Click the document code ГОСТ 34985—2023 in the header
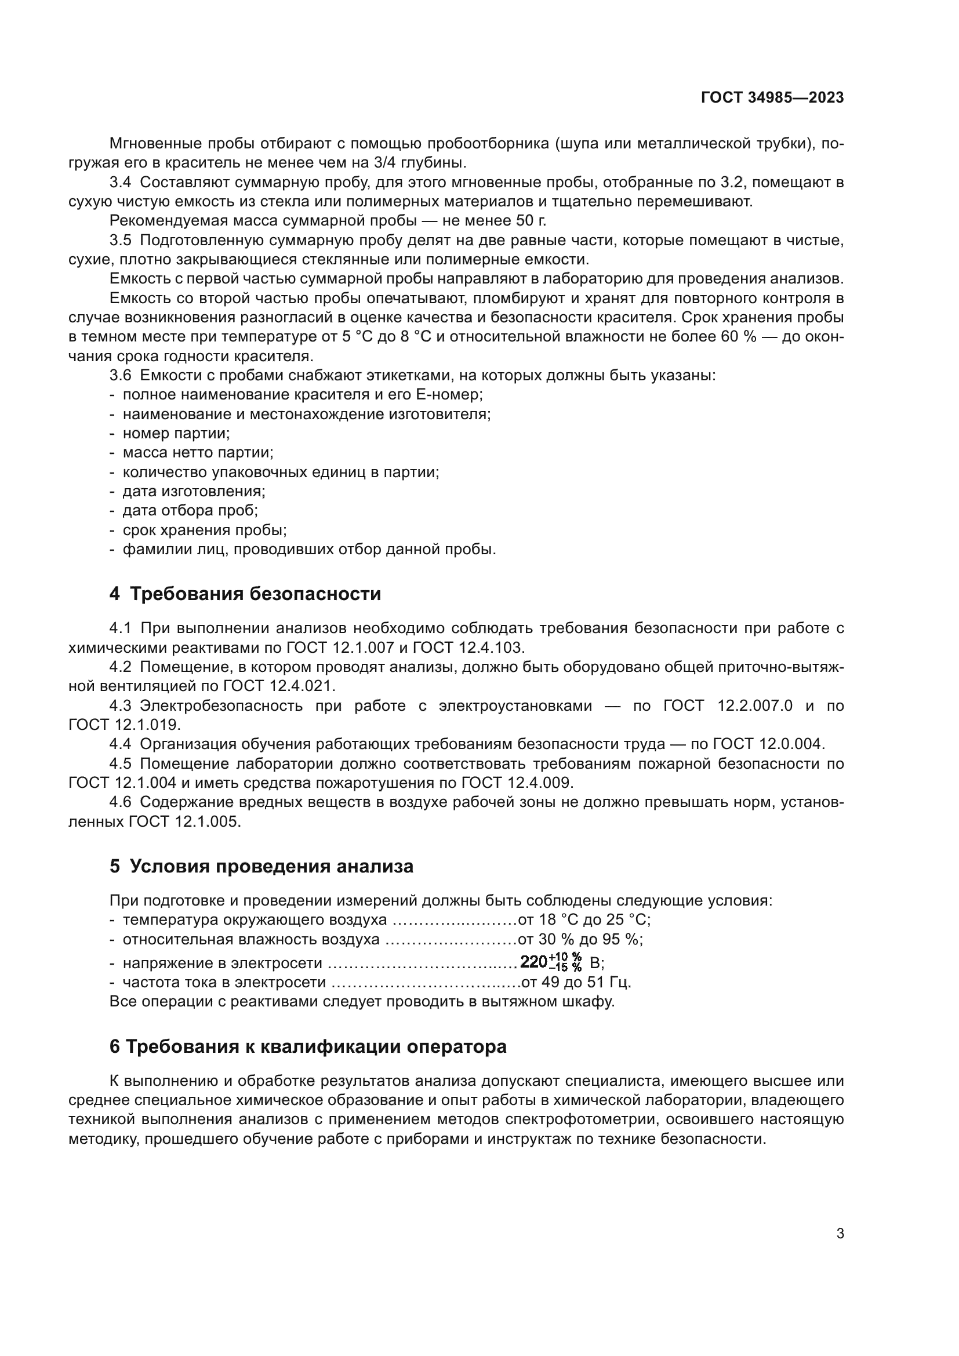(772, 98)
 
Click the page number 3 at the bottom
(840, 1234)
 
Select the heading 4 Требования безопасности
(245, 594)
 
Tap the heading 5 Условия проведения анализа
(261, 866)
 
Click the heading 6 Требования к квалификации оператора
(308, 1046)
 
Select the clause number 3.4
(120, 183)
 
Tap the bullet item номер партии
(176, 434)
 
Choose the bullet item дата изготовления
(194, 492)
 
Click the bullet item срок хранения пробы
(204, 530)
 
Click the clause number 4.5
(120, 764)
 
